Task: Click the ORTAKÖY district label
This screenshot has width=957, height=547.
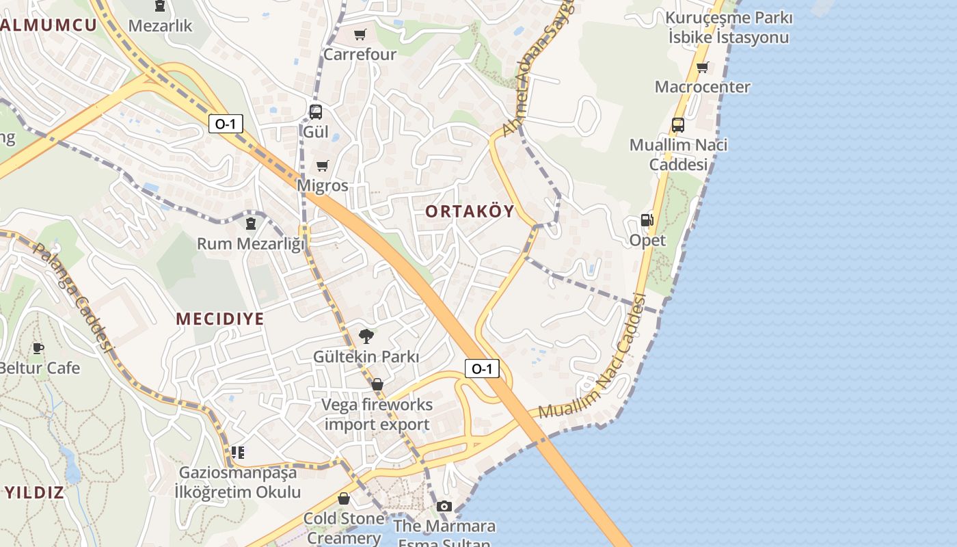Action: (x=470, y=211)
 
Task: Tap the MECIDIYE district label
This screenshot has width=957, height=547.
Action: (x=220, y=319)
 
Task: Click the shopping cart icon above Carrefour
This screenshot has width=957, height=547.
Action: (x=360, y=34)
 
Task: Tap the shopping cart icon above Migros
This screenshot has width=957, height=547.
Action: (x=323, y=165)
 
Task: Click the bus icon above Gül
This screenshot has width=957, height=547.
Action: (x=315, y=112)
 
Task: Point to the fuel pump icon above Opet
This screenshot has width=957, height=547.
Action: (x=647, y=220)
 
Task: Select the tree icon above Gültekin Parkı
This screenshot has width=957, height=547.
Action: (x=366, y=336)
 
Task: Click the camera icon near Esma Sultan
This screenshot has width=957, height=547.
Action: (x=444, y=506)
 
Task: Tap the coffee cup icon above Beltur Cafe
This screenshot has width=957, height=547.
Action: (x=38, y=348)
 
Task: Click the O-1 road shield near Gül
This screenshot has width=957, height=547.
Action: (x=226, y=124)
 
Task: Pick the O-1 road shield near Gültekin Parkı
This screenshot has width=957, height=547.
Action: (x=482, y=369)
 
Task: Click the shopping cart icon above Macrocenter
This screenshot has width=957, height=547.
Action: (x=702, y=67)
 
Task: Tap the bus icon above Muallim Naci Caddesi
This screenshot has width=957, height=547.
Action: (x=678, y=125)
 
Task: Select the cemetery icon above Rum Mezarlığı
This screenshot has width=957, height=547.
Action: (x=251, y=223)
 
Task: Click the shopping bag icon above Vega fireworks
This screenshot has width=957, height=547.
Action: (x=377, y=384)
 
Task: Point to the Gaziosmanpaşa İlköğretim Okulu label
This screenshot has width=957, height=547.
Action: (x=238, y=482)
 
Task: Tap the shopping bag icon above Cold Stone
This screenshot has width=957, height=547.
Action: (x=344, y=498)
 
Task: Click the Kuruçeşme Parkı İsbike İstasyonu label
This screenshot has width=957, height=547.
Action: (x=729, y=27)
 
